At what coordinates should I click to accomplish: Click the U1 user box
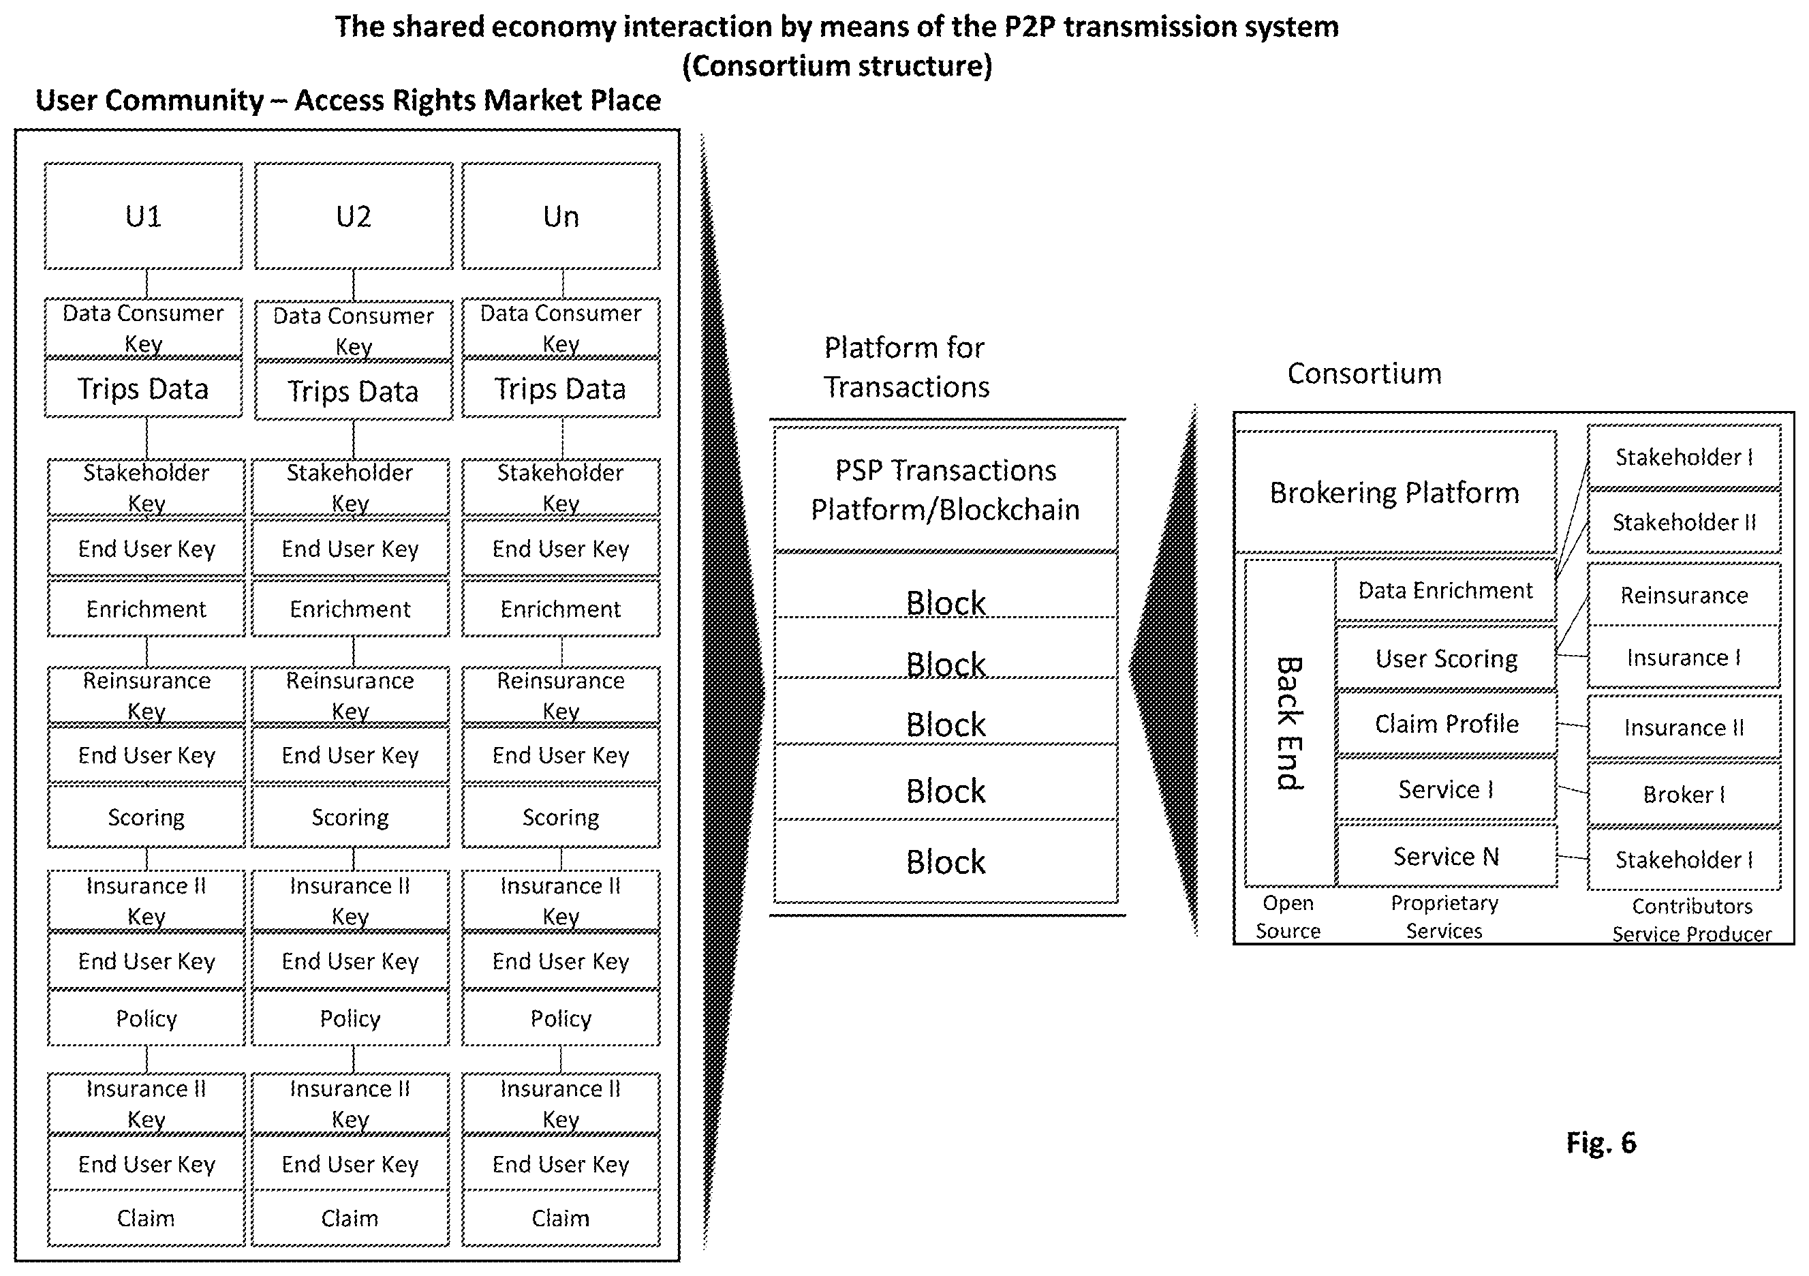tap(143, 216)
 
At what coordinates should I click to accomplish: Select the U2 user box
tap(354, 216)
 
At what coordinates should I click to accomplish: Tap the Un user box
tap(561, 216)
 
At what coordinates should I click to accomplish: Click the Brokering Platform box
tap(1395, 492)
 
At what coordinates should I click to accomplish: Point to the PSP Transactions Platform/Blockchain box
tap(946, 489)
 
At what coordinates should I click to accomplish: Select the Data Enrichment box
tap(1446, 590)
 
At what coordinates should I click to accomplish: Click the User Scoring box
tap(1447, 658)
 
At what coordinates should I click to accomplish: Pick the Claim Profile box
tap(1447, 723)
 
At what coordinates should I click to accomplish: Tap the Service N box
tap(1447, 856)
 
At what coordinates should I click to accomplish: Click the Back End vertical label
tap(1290, 723)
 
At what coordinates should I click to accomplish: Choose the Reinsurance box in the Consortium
tap(1684, 595)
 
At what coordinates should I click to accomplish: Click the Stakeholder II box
tap(1684, 521)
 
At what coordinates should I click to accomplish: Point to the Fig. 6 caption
tap(1601, 1142)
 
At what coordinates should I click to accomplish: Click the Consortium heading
tap(1365, 373)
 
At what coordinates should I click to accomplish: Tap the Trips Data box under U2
tap(354, 391)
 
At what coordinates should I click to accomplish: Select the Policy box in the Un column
tap(561, 1018)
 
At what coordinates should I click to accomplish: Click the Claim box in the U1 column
tap(146, 1217)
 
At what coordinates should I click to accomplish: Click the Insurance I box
tap(1684, 657)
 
